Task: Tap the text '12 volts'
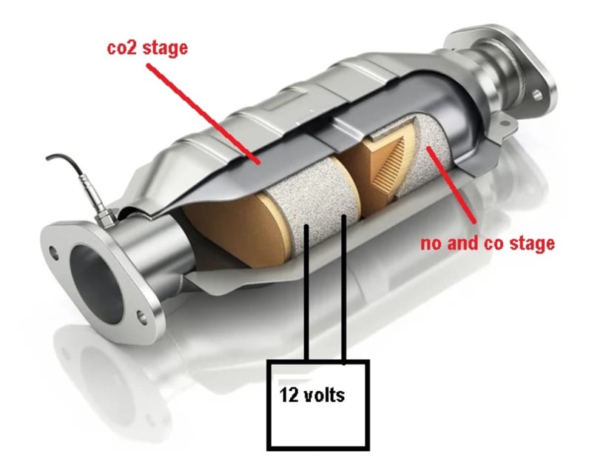[x=312, y=395]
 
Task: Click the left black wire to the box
[x=306, y=296]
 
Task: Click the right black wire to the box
[x=344, y=296]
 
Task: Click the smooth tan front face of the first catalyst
[x=222, y=230]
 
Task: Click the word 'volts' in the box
[x=326, y=395]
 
